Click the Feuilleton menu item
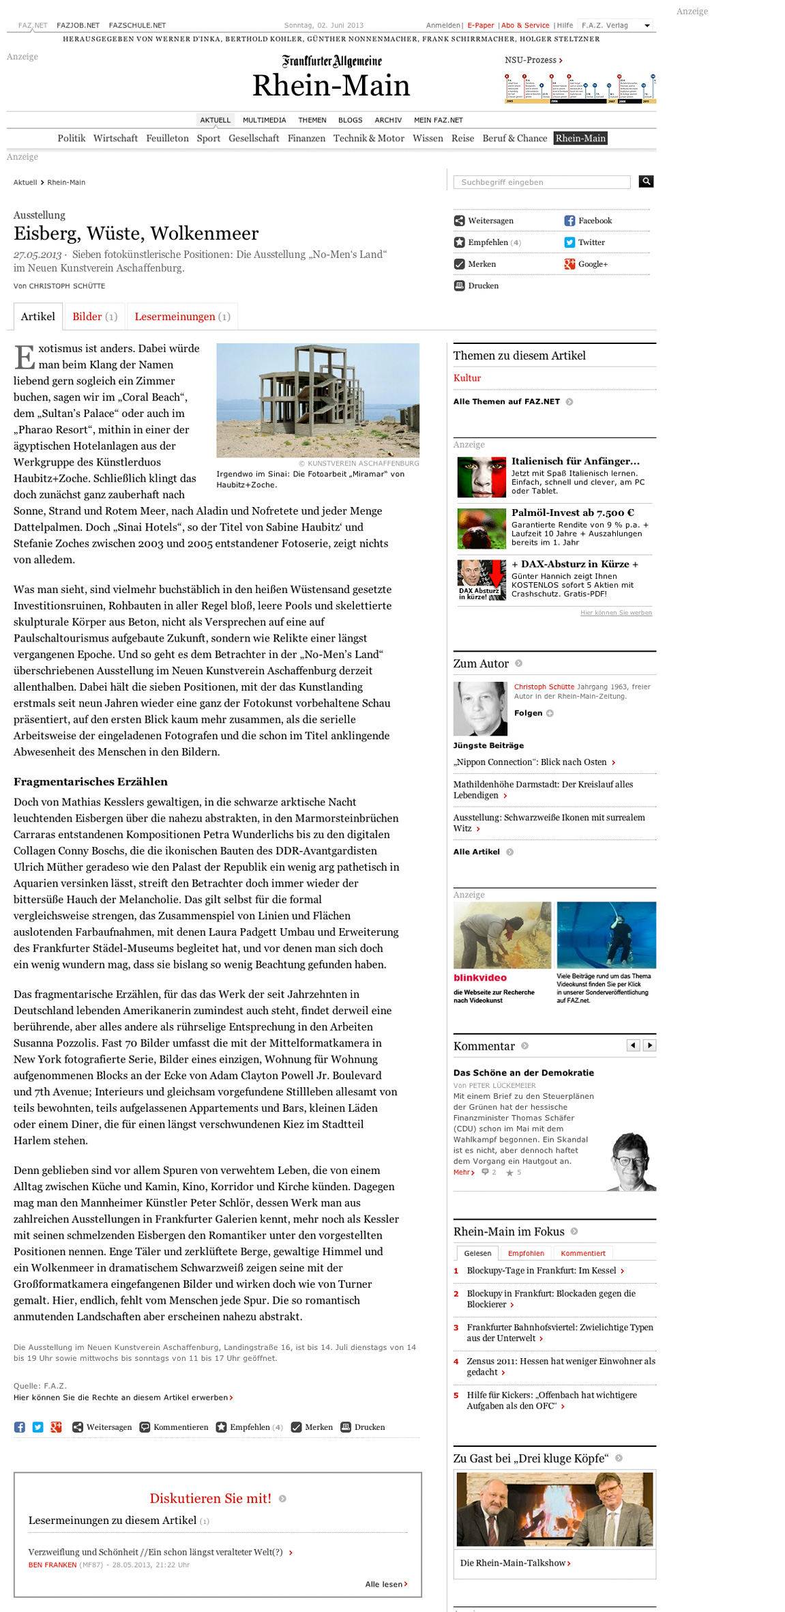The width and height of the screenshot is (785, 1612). pyautogui.click(x=167, y=139)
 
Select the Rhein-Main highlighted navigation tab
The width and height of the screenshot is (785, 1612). pyautogui.click(x=580, y=139)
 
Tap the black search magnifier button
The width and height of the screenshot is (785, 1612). pyautogui.click(x=646, y=182)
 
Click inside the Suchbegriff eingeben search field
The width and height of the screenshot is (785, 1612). pyautogui.click(x=542, y=182)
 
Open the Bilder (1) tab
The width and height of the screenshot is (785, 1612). pyautogui.click(x=95, y=317)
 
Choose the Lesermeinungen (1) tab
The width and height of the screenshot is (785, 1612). pyautogui.click(x=182, y=317)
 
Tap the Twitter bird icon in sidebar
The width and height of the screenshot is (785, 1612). pyautogui.click(x=569, y=242)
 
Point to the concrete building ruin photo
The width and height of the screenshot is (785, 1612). pyautogui.click(x=318, y=400)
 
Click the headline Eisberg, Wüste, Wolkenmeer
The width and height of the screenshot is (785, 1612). pyautogui.click(x=136, y=234)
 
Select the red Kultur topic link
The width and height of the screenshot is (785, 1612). pyautogui.click(x=467, y=378)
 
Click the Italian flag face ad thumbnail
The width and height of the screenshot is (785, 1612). pyautogui.click(x=482, y=477)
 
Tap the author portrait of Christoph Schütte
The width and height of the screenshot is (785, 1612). pyautogui.click(x=480, y=708)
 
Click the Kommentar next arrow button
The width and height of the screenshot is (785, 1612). pyautogui.click(x=649, y=1046)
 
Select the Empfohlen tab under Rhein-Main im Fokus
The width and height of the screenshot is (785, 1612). pyautogui.click(x=526, y=1253)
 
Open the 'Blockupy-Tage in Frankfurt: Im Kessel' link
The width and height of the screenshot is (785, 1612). pyautogui.click(x=541, y=1271)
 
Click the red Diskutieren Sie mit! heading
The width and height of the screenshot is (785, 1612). pyautogui.click(x=210, y=1499)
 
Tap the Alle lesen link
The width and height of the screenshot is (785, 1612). pyautogui.click(x=386, y=1584)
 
